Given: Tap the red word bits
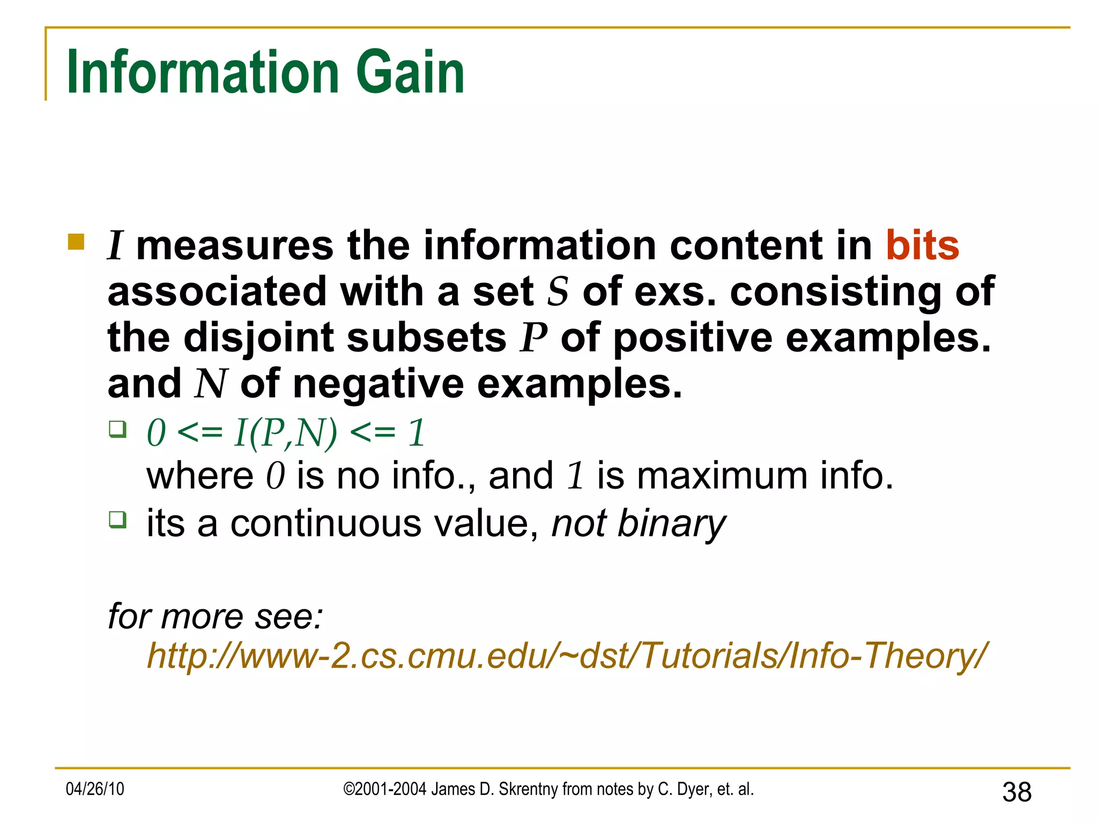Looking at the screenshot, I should pos(922,245).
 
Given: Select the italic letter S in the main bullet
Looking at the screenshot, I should pos(558,292).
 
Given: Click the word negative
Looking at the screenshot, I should pos(379,384).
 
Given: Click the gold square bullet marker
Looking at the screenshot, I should pos(77,242).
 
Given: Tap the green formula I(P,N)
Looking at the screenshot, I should pos(286,432).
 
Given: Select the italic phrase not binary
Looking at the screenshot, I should pos(638,523).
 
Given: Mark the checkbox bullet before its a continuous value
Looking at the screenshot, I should pos(117,520).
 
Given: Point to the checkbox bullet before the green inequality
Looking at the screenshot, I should pos(117,429).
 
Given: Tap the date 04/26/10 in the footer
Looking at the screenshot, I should pos(95,789).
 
